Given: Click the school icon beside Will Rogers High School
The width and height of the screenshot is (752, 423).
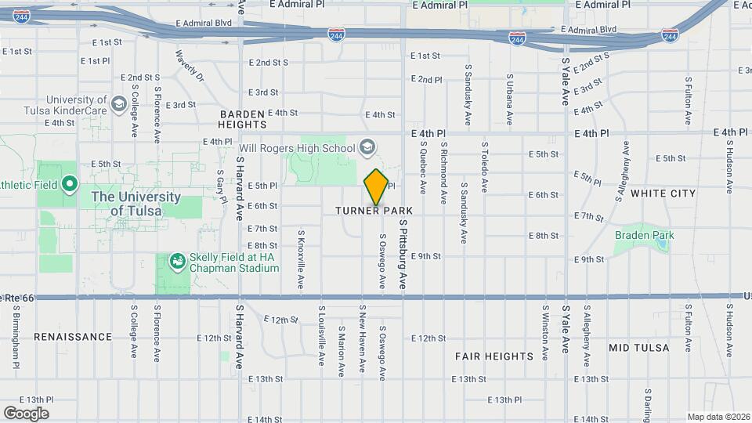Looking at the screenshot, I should tap(367, 147).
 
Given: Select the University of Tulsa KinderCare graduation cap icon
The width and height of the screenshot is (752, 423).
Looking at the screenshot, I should tap(118, 103).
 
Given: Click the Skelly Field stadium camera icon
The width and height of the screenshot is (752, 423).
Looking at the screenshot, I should tap(178, 261).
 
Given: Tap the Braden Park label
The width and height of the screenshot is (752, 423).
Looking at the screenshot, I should tap(644, 235).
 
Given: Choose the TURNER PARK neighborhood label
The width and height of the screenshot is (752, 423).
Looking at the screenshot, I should tap(374, 211).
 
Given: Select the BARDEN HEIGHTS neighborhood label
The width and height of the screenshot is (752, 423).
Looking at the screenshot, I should tap(242, 118).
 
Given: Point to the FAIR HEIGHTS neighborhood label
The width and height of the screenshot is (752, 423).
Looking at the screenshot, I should tap(494, 356).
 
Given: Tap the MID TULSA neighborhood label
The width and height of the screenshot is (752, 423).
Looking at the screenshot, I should tap(638, 347).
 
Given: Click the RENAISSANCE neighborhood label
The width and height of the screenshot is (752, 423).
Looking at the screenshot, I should tap(73, 337).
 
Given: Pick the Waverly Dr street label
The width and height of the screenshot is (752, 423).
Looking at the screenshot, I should tap(189, 67).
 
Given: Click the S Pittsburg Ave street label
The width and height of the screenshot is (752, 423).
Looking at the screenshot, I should tap(404, 255).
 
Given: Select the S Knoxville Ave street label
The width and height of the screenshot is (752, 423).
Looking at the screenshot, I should tap(301, 259).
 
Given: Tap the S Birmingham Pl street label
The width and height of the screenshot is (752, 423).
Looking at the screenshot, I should tap(16, 336).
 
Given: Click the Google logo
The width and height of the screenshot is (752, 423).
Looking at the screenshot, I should tap(26, 413).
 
